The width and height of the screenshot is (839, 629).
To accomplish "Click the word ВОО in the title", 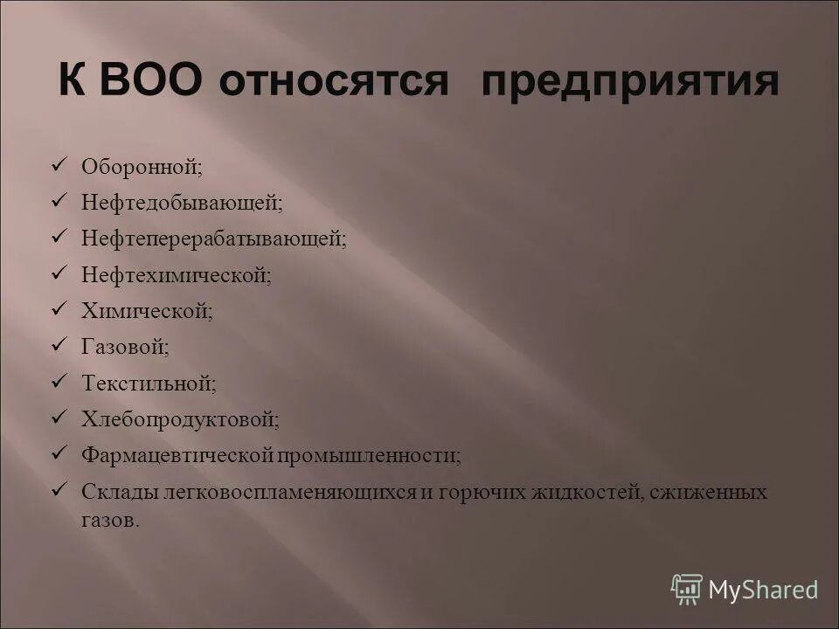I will [x=152, y=81].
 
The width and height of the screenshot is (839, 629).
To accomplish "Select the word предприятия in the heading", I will [x=628, y=83].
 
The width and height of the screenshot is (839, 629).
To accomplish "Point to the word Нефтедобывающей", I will [x=180, y=202].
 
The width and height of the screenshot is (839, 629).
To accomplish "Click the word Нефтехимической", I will [x=174, y=274].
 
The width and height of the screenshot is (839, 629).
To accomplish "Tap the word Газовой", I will [x=123, y=347].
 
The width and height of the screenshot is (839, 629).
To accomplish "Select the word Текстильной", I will [x=147, y=383].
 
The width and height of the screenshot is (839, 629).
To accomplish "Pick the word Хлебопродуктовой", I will [x=178, y=419].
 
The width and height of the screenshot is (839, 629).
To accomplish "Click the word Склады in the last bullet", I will [x=119, y=492].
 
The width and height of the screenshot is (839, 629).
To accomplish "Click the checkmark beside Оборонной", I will [x=59, y=163].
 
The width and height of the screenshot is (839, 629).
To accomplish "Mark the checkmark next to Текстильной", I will [x=59, y=381].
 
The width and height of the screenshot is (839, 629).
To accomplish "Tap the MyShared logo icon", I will [x=686, y=589].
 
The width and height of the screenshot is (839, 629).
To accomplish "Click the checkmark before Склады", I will [x=59, y=490].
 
